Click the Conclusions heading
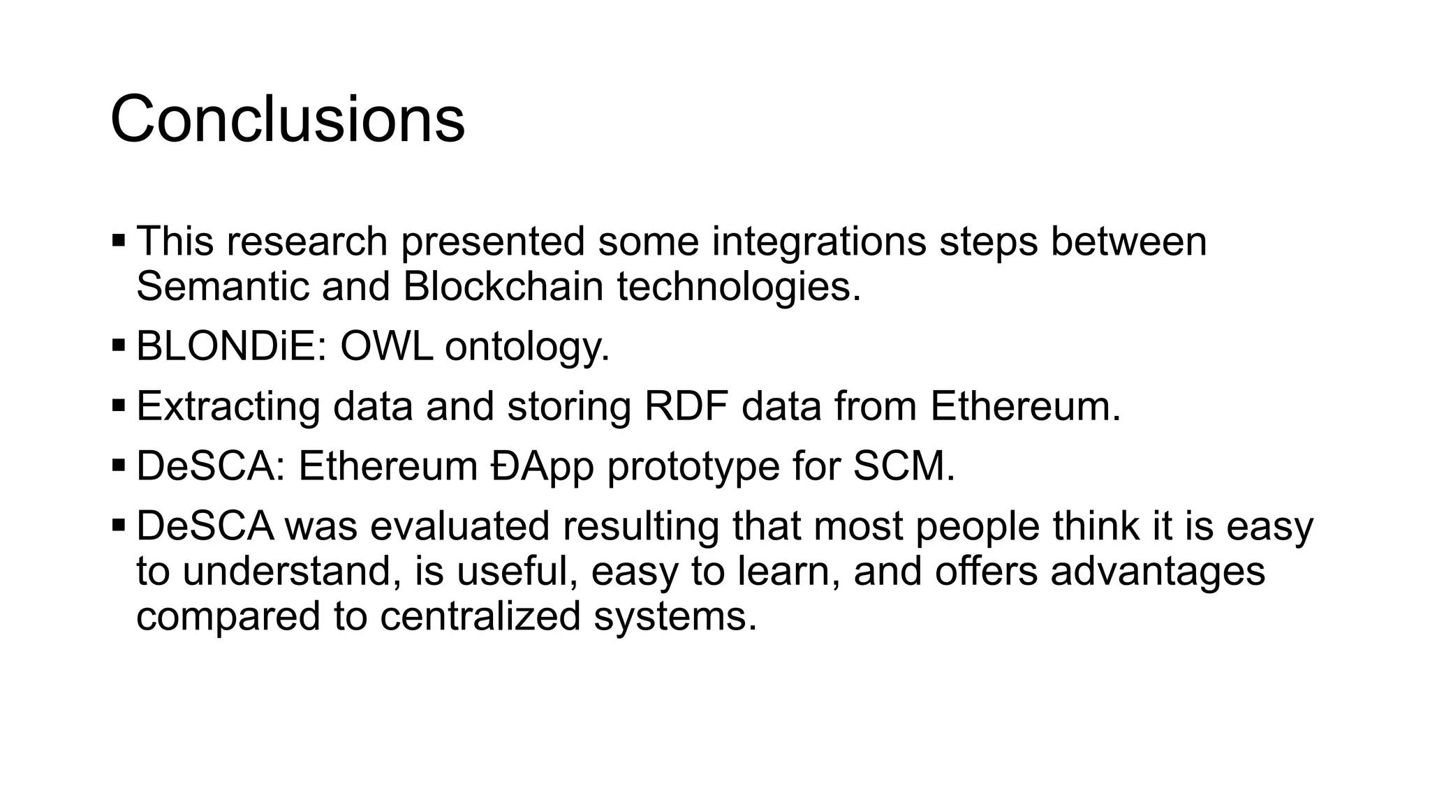tap(287, 120)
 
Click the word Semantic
tap(222, 286)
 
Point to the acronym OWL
tap(386, 346)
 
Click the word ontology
tap(527, 348)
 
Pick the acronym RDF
tap(686, 406)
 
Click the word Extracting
tap(228, 406)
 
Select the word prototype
tap(693, 467)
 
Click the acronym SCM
tap(904, 466)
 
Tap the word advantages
tap(1158, 572)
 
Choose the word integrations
tap(819, 242)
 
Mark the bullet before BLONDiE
tap(119, 345)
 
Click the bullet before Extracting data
tap(119, 405)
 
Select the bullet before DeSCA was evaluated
tap(119, 525)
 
